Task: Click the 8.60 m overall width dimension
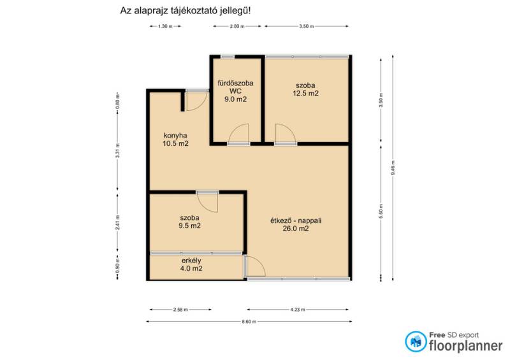tap(249, 322)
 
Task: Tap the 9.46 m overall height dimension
tap(393, 168)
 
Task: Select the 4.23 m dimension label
tap(298, 310)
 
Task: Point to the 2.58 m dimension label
tap(180, 310)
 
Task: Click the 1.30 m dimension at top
tap(165, 26)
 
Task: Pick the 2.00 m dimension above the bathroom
tap(237, 26)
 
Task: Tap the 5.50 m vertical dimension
tap(381, 212)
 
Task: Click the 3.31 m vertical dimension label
tap(118, 150)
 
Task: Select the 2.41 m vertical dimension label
tap(118, 222)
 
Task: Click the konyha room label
tap(175, 135)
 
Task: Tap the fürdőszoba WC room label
tap(235, 87)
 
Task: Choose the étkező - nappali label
tap(296, 220)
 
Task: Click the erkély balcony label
tap(191, 261)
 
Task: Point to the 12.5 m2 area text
tap(305, 93)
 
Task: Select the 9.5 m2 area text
tap(189, 226)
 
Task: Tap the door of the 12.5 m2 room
tap(285, 133)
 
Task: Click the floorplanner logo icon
tap(416, 342)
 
